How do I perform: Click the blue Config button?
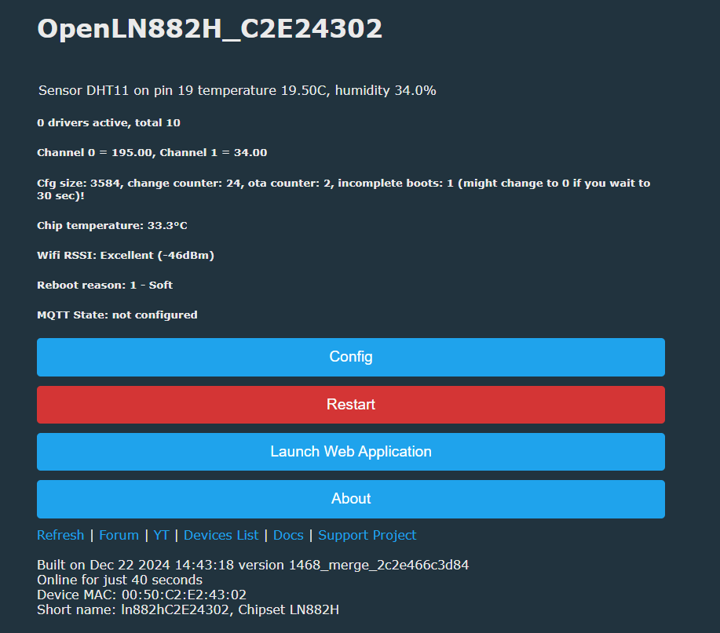click(351, 357)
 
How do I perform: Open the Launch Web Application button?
click(351, 451)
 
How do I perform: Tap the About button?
click(351, 499)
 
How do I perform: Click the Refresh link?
click(60, 535)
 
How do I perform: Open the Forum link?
click(119, 535)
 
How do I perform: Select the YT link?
click(161, 535)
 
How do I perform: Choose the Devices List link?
click(221, 535)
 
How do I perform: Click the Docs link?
click(288, 535)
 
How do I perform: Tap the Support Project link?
click(367, 535)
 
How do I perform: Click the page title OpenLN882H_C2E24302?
click(210, 29)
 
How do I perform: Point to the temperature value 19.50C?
click(305, 90)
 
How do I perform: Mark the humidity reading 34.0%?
click(415, 90)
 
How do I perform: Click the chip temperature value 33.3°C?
click(167, 225)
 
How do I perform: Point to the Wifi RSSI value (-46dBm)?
click(186, 255)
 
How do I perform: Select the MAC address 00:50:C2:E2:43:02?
click(184, 595)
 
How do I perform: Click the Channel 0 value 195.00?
click(132, 152)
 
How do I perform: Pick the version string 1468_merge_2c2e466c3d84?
click(378, 565)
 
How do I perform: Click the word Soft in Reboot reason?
click(161, 285)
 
